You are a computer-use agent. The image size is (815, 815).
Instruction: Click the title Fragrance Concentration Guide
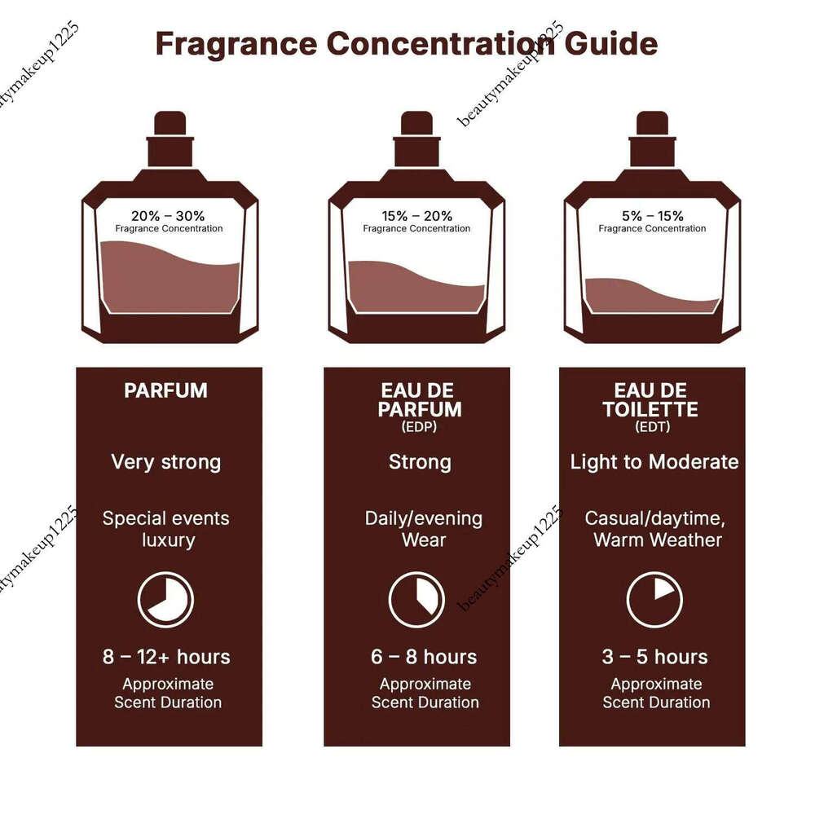pos(406,43)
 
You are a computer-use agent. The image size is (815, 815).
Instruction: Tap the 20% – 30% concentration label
pos(168,216)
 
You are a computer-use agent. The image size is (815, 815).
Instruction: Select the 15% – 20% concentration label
pos(416,216)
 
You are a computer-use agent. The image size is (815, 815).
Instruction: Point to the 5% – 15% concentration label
pos(652,216)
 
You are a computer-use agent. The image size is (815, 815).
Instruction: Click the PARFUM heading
pos(165,390)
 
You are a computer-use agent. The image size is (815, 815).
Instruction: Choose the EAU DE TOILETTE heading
pos(650,399)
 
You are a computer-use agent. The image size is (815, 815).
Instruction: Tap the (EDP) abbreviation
pos(419,425)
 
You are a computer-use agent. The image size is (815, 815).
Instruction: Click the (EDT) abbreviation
pos(651,425)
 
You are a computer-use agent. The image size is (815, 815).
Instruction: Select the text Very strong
pos(165,462)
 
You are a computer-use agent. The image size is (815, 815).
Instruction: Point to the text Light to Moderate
pos(654,462)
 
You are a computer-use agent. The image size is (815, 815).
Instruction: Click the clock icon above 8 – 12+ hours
pos(165,600)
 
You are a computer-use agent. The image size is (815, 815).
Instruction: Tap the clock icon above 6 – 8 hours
pos(416,600)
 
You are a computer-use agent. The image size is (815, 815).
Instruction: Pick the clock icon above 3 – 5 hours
pos(654,600)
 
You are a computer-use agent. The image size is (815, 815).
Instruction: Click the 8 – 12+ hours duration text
pos(166,657)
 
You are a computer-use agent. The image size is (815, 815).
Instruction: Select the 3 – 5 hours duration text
pos(654,657)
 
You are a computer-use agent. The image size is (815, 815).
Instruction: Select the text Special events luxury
pos(165,529)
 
